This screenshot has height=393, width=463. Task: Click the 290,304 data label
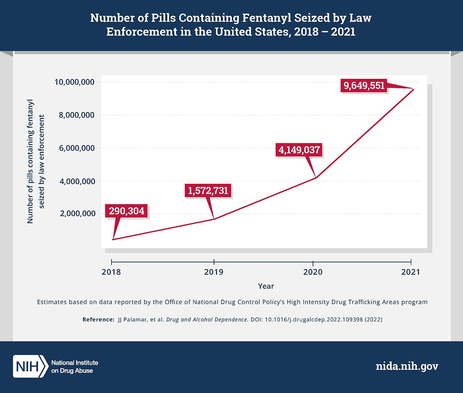pos(127,211)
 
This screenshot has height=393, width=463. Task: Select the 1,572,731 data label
pos(208,190)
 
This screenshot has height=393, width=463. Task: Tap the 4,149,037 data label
pos(299,150)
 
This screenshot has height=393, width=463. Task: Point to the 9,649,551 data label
pos(364,85)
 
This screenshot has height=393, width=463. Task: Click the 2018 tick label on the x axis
pos(111,272)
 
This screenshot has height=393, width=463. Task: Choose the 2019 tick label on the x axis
pos(214,272)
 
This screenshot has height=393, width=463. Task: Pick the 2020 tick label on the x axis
pos(313,272)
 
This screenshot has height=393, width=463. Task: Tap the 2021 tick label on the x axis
pos(411,272)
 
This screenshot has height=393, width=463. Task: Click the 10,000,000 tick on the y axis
pos(75,82)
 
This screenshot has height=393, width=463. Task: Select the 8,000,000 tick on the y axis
pos(77,115)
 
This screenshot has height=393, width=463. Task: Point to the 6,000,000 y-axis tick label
pos(77,148)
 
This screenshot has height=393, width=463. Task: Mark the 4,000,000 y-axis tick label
pos(77,181)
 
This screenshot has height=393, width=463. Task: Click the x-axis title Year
pos(266,286)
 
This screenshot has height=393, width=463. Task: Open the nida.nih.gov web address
pos(407,366)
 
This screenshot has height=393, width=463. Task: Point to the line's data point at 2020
pos(316,178)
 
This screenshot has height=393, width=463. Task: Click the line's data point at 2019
pos(214,219)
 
